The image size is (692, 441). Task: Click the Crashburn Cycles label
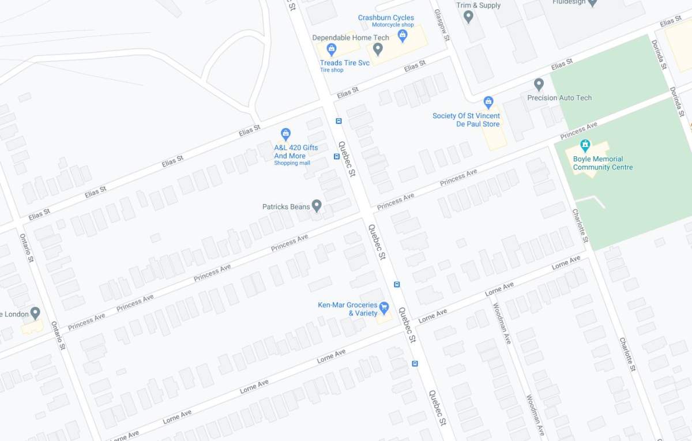(386, 18)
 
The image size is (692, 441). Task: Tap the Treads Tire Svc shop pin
(331, 49)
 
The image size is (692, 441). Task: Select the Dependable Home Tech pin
(378, 50)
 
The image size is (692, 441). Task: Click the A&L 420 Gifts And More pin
(285, 134)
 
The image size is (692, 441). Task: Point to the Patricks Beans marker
(317, 206)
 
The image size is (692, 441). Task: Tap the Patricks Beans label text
(285, 206)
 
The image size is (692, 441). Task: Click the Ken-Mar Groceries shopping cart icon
(384, 307)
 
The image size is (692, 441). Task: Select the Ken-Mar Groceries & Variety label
(347, 309)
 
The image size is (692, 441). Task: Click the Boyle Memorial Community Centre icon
(585, 145)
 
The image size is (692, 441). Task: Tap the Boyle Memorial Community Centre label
(603, 163)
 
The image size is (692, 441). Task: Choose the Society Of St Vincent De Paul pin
(488, 103)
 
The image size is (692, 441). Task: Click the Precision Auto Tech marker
(539, 85)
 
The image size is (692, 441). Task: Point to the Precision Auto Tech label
(559, 98)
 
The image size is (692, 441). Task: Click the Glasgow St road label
(442, 25)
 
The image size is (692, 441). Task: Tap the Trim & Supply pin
(468, 17)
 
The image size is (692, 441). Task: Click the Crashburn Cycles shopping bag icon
(403, 36)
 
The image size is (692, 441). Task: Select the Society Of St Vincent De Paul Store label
(466, 120)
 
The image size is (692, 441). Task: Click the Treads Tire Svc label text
(344, 63)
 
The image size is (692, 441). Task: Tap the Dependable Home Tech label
(351, 37)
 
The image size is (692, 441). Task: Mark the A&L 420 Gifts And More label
(295, 152)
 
